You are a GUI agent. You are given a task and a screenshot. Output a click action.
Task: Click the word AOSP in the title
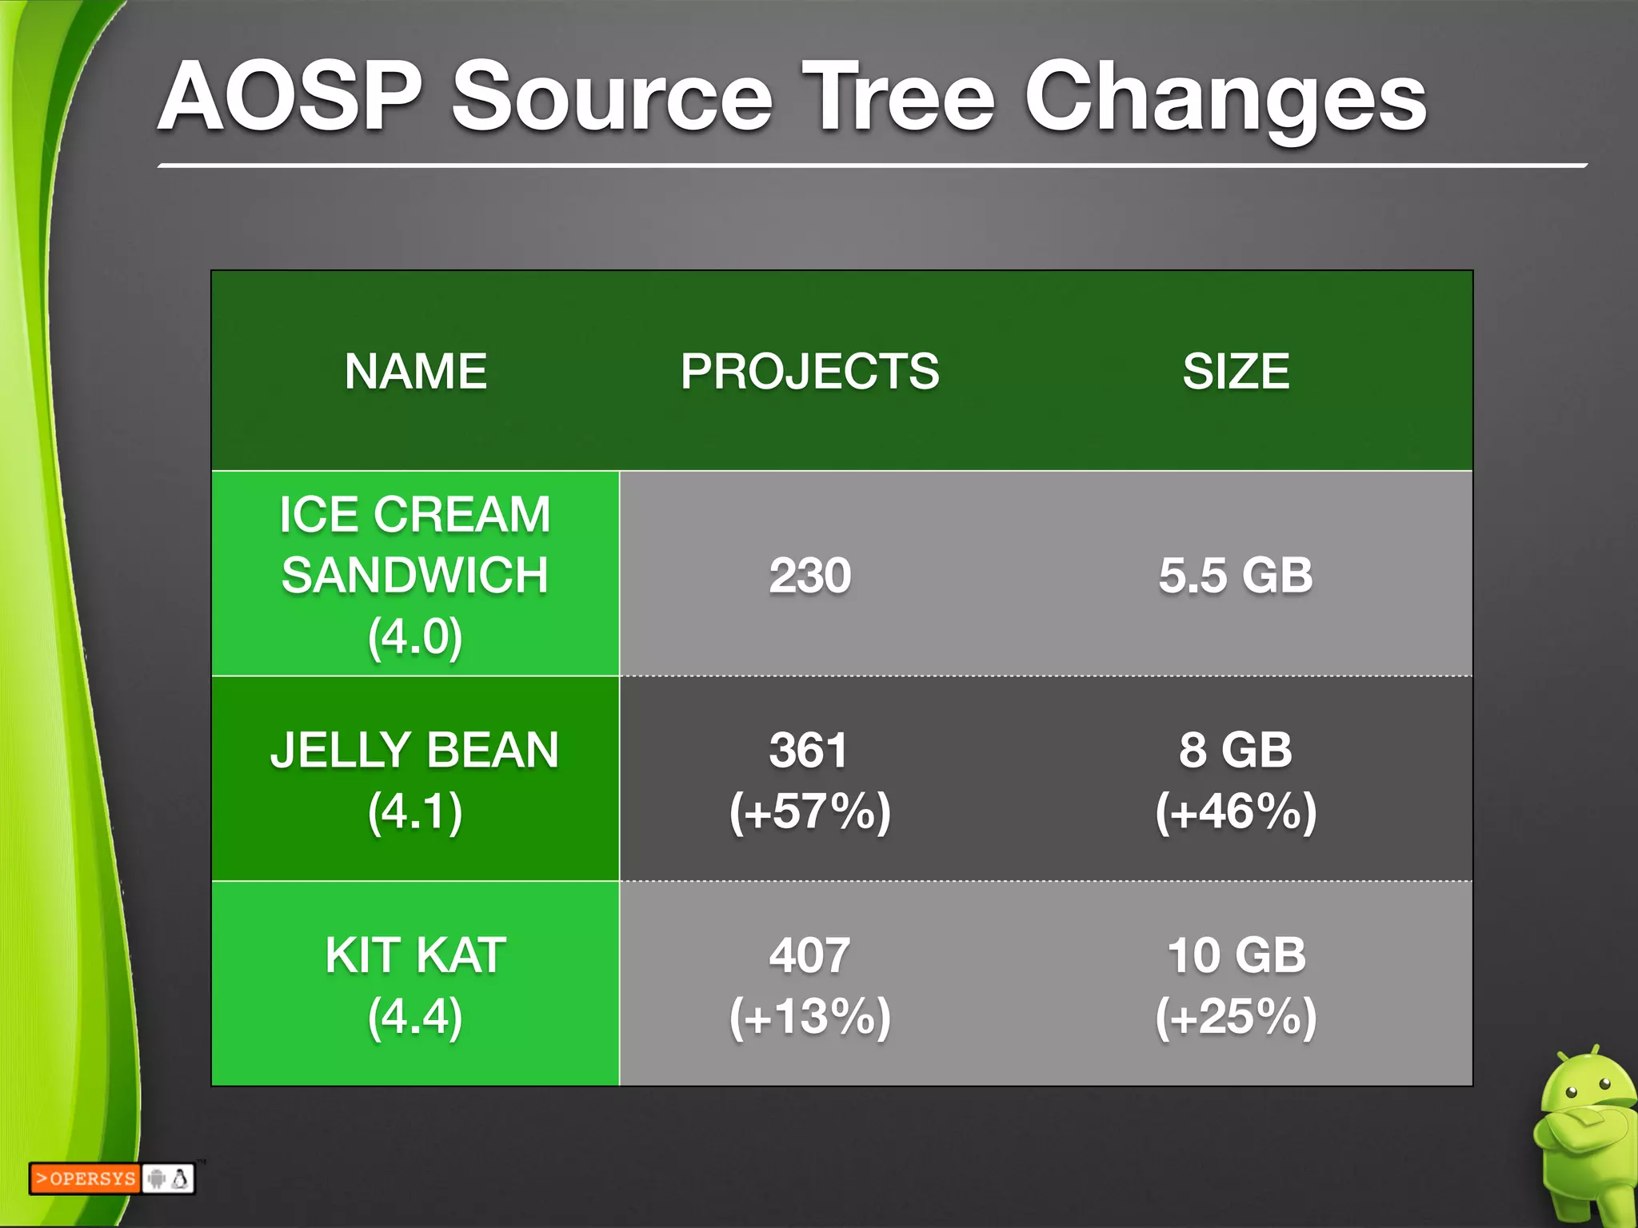click(290, 98)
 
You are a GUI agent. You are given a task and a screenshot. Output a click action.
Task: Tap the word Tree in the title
click(898, 98)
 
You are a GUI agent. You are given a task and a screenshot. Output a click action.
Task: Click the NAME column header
click(415, 372)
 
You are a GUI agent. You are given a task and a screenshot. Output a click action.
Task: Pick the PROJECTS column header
click(809, 372)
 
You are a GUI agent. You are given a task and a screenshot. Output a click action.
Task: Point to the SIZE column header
click(1236, 372)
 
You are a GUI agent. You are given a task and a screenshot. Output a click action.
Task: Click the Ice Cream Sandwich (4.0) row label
click(415, 575)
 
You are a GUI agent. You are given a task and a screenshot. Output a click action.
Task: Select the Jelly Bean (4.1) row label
click(415, 780)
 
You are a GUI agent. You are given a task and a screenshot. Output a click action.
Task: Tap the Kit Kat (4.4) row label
click(415, 985)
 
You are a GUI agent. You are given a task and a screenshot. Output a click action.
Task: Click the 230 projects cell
click(809, 576)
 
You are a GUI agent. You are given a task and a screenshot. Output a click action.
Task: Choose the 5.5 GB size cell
click(1236, 576)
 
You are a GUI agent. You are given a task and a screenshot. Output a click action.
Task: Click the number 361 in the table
click(808, 751)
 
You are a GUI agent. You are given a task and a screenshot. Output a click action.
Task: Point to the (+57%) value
click(809, 811)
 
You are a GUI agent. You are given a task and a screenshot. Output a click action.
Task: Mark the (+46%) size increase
click(1236, 811)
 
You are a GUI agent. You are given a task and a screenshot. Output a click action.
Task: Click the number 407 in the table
click(809, 955)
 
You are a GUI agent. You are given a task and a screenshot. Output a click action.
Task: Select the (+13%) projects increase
click(809, 1016)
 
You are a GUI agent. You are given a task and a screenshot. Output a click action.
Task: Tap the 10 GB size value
click(1236, 955)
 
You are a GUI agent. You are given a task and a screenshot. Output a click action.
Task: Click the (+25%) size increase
click(1236, 1016)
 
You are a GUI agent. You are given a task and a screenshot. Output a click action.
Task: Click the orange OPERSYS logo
click(85, 1178)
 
